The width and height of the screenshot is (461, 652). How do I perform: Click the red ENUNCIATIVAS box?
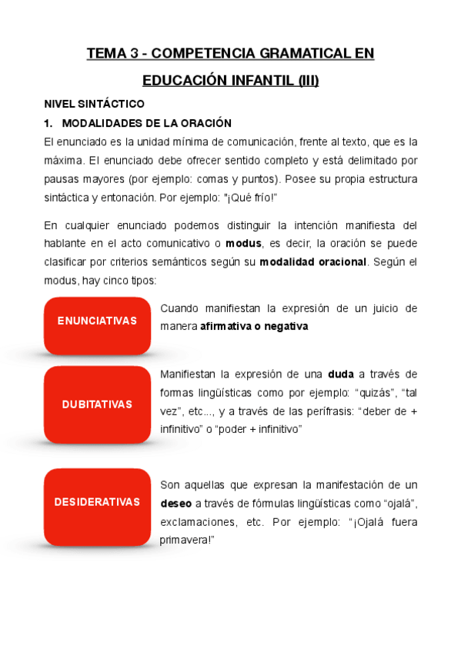click(x=97, y=321)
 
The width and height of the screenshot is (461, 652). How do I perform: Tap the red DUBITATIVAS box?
click(x=97, y=404)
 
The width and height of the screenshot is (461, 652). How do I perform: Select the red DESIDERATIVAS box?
click(x=97, y=502)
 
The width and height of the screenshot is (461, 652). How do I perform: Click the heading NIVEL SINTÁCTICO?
click(x=93, y=103)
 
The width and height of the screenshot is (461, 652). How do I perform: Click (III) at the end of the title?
click(x=308, y=81)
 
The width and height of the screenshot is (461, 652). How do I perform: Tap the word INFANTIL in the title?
click(x=258, y=81)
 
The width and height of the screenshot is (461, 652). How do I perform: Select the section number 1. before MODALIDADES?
click(x=48, y=123)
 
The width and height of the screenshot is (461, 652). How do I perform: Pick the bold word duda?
click(x=340, y=375)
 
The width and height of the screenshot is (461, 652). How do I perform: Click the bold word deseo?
click(x=175, y=504)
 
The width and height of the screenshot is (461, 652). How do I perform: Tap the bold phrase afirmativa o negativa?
click(x=254, y=327)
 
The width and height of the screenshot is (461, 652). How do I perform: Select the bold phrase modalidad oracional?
click(x=312, y=262)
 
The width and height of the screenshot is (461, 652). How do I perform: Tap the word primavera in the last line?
click(x=185, y=541)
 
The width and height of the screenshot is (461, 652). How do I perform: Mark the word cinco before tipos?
click(x=115, y=281)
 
